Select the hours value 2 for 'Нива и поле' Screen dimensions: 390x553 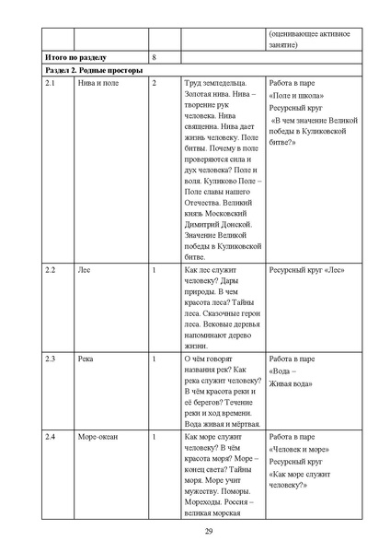[x=154, y=84]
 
